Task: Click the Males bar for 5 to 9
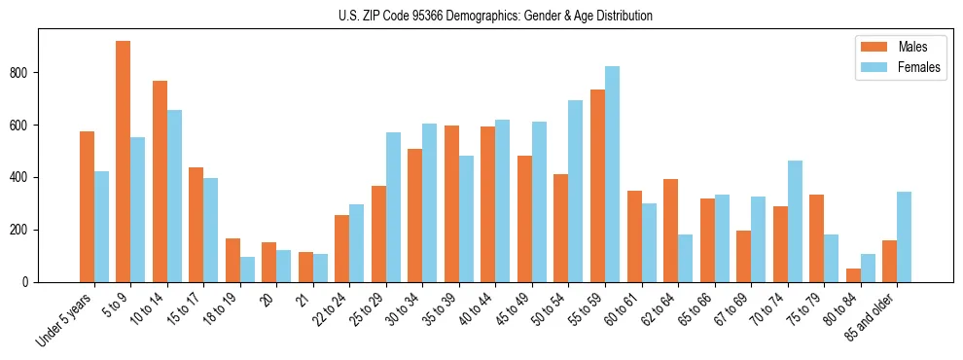click(124, 162)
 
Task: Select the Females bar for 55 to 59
click(612, 174)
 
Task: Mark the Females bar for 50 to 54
click(576, 191)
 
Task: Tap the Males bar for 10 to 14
click(160, 181)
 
